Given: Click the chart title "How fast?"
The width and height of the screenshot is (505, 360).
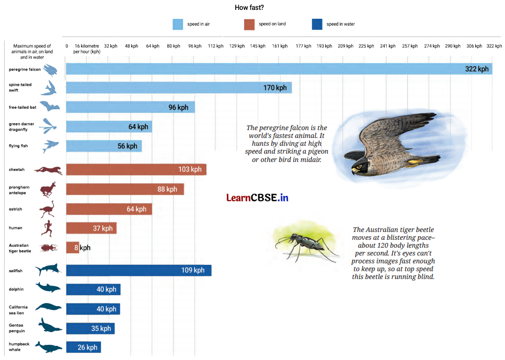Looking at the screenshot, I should [x=249, y=7].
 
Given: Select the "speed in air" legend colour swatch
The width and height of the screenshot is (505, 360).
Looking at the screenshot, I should [x=178, y=24].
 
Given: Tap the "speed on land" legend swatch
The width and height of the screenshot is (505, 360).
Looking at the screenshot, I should [x=249, y=24].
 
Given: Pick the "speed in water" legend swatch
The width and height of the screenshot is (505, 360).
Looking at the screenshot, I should [x=316, y=24].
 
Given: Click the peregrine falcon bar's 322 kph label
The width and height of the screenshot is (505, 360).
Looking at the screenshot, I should [x=476, y=69].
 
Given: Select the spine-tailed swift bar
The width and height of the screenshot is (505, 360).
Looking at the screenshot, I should [x=178, y=88].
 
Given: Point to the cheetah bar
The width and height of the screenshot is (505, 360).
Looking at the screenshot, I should [x=136, y=169].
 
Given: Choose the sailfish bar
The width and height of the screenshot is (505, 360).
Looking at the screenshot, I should [x=139, y=270].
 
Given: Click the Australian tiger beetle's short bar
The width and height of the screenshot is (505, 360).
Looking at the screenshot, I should [x=72, y=248].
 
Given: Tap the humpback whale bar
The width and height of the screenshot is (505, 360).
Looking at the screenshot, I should [x=83, y=347].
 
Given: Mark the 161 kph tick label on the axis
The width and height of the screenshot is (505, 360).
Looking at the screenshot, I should [x=280, y=46].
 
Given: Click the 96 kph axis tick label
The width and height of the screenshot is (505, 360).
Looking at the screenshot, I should [x=194, y=46].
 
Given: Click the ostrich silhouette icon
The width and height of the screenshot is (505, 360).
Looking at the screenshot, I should [x=47, y=210].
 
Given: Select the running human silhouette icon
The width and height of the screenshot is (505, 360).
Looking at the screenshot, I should [x=47, y=228].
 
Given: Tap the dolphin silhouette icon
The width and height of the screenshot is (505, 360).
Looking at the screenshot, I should [x=48, y=287].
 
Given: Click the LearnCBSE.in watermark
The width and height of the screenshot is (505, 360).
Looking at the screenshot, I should [x=257, y=198].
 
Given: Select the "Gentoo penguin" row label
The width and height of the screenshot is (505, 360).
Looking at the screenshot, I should [x=17, y=328].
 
